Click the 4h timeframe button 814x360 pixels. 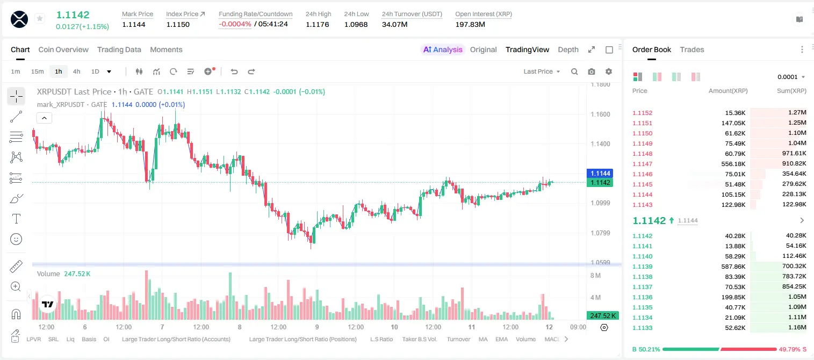76,71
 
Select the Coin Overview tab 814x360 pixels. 63,49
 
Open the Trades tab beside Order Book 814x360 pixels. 692,49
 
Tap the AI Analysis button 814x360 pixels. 443,49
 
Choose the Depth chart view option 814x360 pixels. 568,49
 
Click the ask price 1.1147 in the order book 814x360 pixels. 642,164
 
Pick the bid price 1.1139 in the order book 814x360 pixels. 642,267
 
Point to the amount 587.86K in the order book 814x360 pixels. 733,267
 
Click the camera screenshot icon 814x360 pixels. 592,71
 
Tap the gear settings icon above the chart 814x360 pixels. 609,71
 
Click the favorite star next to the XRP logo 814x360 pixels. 40,18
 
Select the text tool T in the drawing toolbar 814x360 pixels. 16,219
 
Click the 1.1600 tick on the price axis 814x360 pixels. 600,114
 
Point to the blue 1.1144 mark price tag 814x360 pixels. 600,173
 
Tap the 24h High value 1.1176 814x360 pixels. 317,24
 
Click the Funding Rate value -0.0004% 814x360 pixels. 235,24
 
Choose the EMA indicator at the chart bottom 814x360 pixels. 501,339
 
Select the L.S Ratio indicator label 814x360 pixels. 381,339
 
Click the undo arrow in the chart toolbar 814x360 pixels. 234,71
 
